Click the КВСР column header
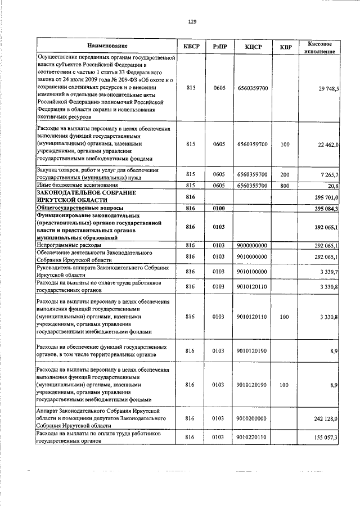point(191,46)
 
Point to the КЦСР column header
point(253,46)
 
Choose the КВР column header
point(285,46)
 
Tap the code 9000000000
point(252,245)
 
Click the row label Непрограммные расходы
point(69,245)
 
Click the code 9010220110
point(252,437)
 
